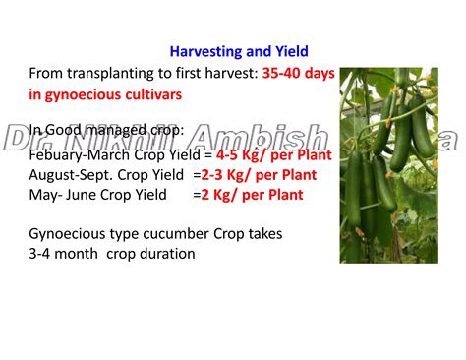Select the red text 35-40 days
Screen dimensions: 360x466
pyautogui.click(x=299, y=73)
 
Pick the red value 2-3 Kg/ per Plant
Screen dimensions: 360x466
pyautogui.click(x=258, y=174)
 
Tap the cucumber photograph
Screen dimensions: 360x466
pyautogui.click(x=387, y=164)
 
